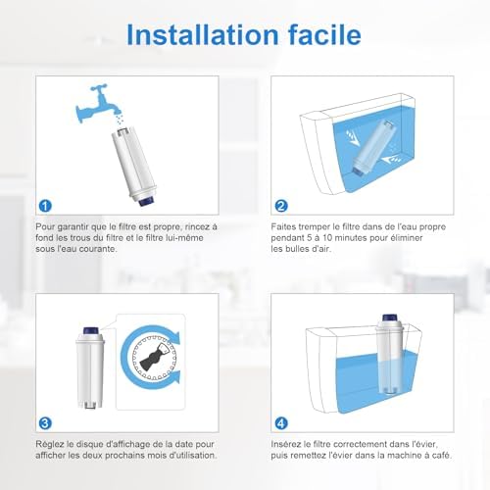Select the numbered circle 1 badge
coord(42,206)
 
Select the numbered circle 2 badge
coord(281,206)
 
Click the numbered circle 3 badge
coord(42,424)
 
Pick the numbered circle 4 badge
coord(281,424)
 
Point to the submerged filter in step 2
coord(376,147)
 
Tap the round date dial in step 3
coord(153,365)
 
